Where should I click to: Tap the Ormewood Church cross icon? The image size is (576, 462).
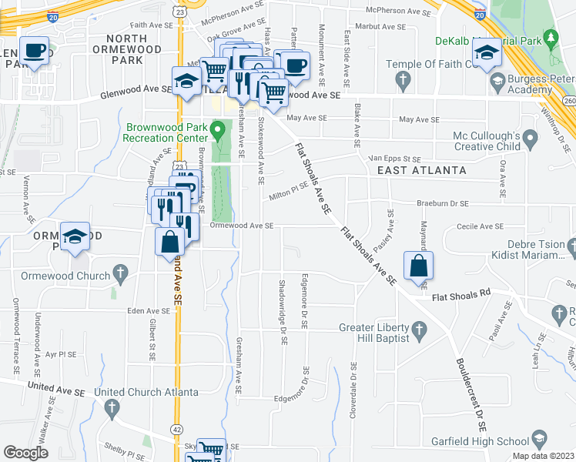[x=119, y=272]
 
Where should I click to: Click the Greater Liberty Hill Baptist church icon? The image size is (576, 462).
[x=420, y=331]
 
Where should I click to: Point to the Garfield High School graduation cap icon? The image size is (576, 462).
[x=540, y=441]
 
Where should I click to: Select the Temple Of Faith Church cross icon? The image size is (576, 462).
[x=402, y=79]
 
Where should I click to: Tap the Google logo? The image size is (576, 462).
[x=26, y=453]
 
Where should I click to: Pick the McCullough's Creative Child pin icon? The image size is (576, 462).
[x=530, y=140]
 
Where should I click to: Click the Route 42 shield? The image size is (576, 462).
[x=179, y=429]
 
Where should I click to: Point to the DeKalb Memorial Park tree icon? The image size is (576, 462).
[x=551, y=37]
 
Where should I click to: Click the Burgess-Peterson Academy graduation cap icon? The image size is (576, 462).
[x=498, y=80]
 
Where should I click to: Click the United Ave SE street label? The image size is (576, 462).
[x=55, y=390]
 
